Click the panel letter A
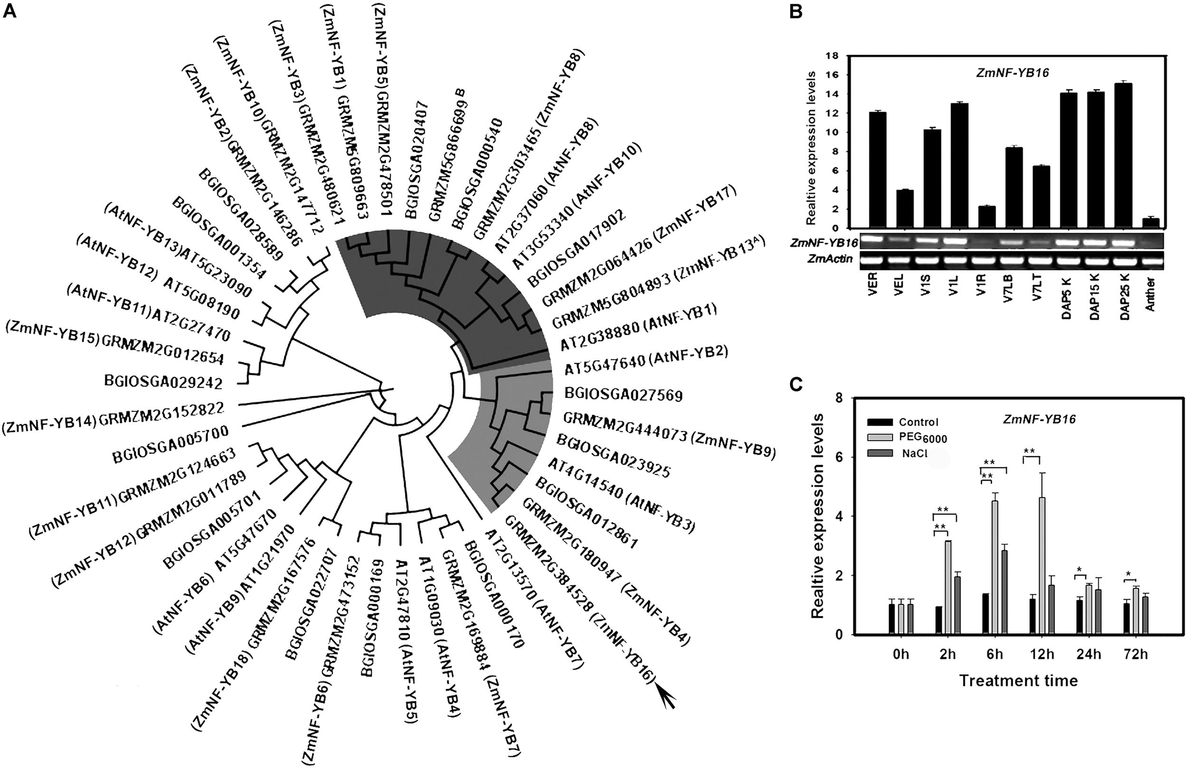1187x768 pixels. (9, 11)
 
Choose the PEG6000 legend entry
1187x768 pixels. (922, 438)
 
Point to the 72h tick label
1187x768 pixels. (1135, 654)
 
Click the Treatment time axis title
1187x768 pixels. (1018, 680)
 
